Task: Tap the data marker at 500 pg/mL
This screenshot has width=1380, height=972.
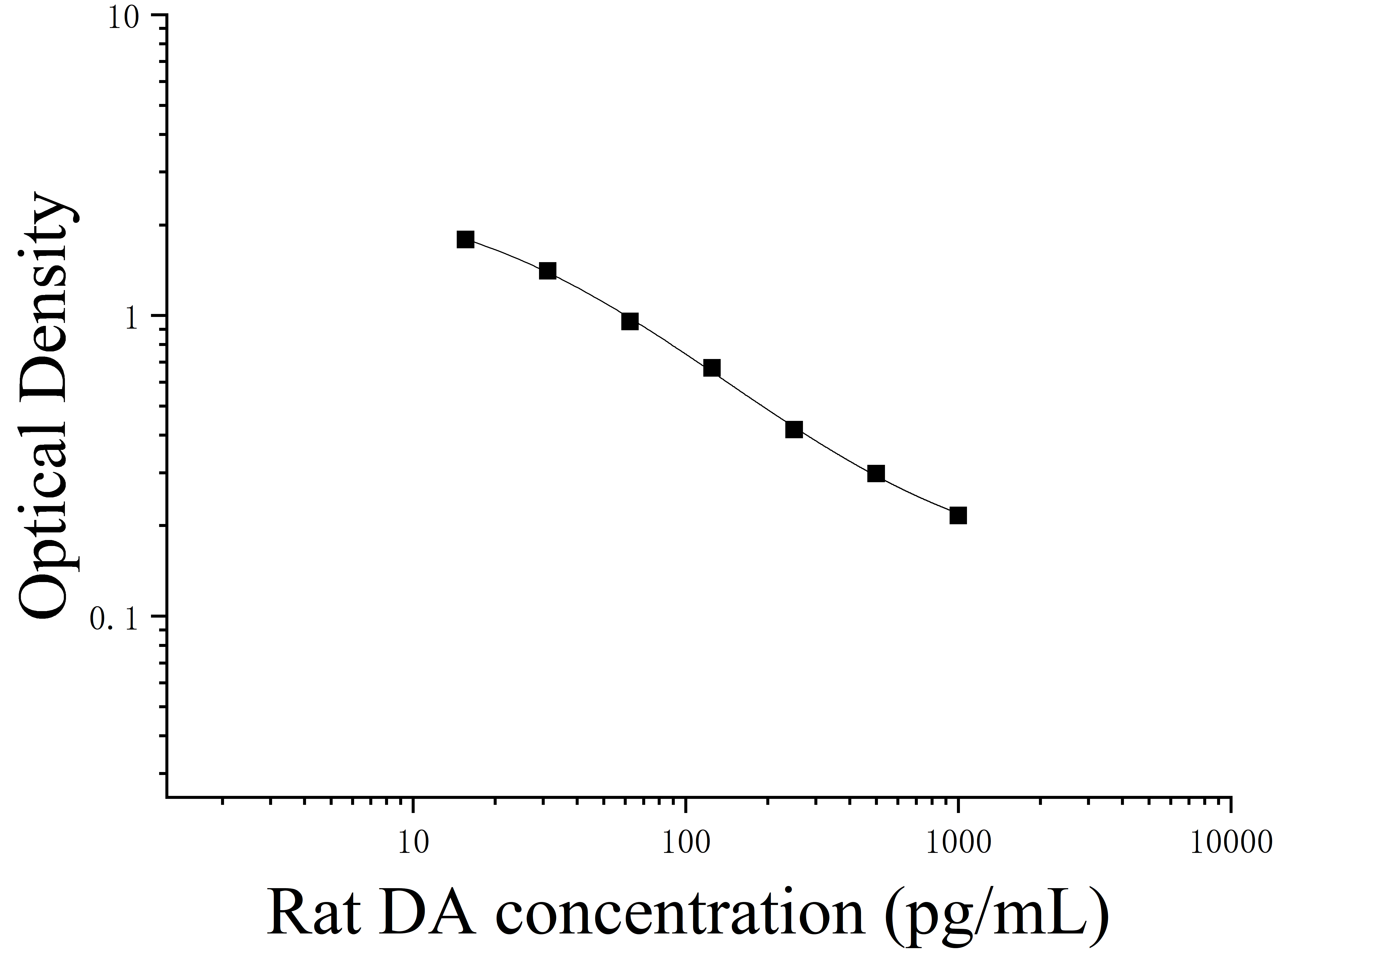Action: [876, 474]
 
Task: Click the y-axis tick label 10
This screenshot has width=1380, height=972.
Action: [124, 18]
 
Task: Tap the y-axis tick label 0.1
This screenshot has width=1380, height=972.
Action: [114, 619]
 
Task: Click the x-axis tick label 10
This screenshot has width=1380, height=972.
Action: [414, 843]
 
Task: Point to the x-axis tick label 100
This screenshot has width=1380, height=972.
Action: [686, 843]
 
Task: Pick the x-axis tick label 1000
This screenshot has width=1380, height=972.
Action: [958, 843]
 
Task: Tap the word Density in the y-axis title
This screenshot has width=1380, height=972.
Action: [48, 288]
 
